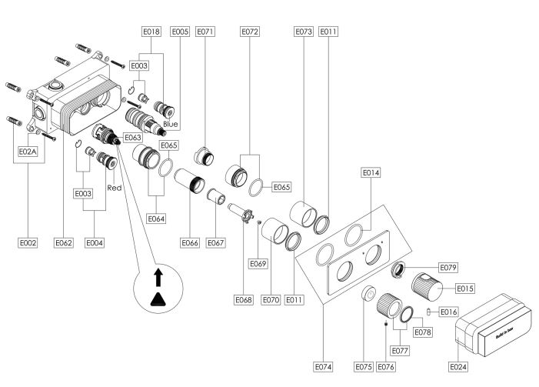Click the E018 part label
click(151, 32)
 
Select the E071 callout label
click(205, 32)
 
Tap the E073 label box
click(303, 32)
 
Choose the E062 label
click(64, 242)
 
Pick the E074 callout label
click(324, 367)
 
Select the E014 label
click(371, 174)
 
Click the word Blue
click(171, 124)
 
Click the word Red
click(115, 188)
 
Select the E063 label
click(132, 138)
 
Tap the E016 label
click(449, 312)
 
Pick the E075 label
click(364, 367)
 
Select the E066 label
click(191, 242)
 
